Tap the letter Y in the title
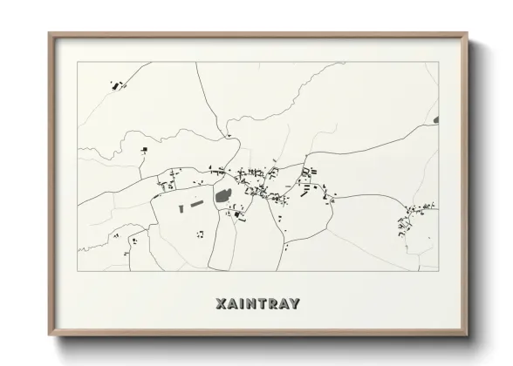(x=295, y=304)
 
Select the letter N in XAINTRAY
(x=250, y=304)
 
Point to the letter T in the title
(x=261, y=304)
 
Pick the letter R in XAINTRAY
(x=271, y=304)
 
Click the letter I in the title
(x=240, y=304)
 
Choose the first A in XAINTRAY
(x=229, y=304)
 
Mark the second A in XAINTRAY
(x=283, y=304)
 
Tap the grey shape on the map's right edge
(x=436, y=119)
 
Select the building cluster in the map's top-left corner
(x=116, y=85)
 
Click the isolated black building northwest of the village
(x=140, y=152)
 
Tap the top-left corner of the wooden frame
(x=49, y=33)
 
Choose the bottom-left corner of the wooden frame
(x=49, y=335)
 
